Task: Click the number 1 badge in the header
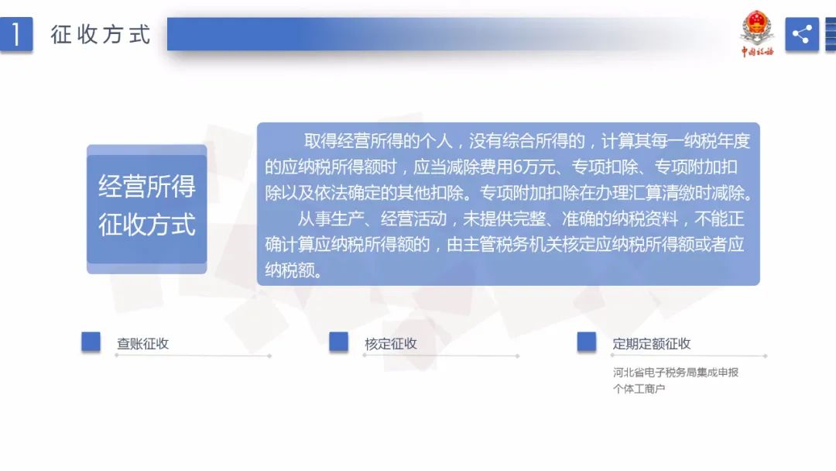coord(16,34)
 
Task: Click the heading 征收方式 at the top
coord(101,35)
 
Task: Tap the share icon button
coord(801,34)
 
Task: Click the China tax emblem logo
coord(756,33)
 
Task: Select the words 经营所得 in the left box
coord(146,186)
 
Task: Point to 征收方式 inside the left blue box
coord(146,224)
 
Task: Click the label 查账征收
coord(143,343)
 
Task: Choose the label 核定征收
coord(391,343)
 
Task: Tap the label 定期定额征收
coord(652,343)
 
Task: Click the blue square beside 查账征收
coord(91,342)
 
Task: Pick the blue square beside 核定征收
coord(338,342)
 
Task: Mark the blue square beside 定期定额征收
coord(587,342)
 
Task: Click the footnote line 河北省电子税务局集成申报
coord(676,373)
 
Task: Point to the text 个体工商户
coord(639,389)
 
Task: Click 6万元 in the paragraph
coord(534,167)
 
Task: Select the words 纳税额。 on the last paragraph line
coord(294,270)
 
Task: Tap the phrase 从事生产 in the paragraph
coord(331,218)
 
